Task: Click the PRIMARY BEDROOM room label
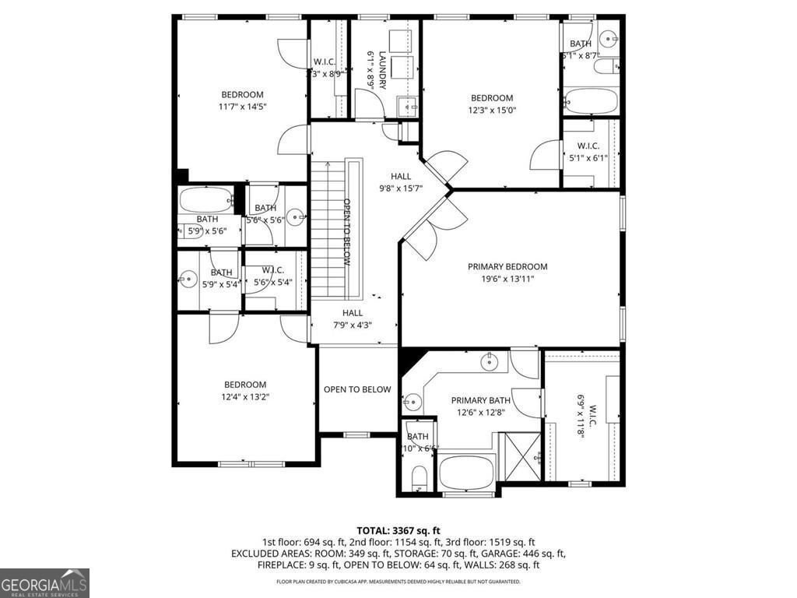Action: click(507, 266)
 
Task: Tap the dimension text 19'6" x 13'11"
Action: click(507, 278)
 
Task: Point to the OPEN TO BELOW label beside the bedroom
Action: click(357, 389)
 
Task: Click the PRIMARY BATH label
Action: click(480, 400)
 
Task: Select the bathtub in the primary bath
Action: click(467, 472)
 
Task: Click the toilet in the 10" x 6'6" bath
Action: click(417, 477)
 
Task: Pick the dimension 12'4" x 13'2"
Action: click(245, 396)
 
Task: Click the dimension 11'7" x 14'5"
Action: click(242, 107)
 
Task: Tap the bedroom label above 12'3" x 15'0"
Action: click(492, 98)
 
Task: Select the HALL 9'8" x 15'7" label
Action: click(400, 182)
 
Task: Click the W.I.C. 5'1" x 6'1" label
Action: click(588, 152)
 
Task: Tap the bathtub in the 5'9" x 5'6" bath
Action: click(206, 201)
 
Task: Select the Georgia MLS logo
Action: click(44, 582)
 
